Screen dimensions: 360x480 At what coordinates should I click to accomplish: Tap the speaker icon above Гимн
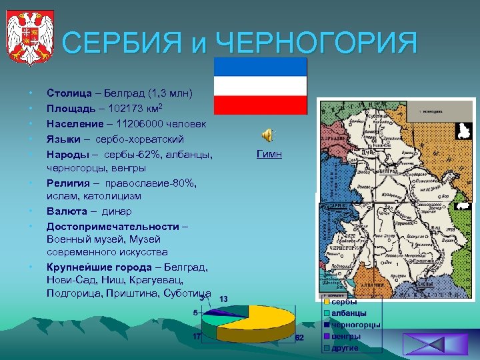(x=267, y=135)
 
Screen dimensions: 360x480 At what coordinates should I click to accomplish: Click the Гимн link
(x=269, y=154)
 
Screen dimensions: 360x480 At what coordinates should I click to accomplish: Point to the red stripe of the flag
(x=260, y=105)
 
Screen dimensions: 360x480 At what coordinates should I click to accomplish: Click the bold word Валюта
(x=66, y=211)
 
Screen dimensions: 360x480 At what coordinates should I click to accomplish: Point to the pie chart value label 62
(x=299, y=338)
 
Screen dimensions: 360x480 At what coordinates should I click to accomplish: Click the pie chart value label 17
(x=197, y=336)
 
